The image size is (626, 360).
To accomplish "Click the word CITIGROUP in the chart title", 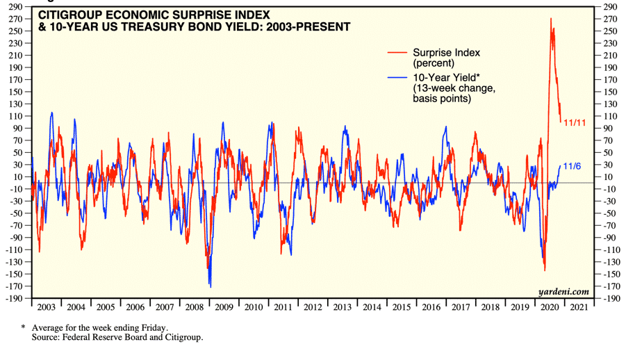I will pyautogui.click(x=67, y=14).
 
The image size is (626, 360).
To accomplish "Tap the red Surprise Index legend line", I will pyautogui.click(x=397, y=52).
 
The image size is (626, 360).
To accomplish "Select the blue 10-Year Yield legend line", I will pyautogui.click(x=397, y=76).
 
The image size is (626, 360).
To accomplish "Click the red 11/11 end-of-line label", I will pyautogui.click(x=574, y=122).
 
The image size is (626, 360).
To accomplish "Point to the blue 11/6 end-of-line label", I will pyautogui.click(x=572, y=165).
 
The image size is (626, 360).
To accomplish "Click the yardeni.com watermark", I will pyautogui.click(x=563, y=292).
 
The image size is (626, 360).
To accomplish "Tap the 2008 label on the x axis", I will pyautogui.click(x=195, y=306).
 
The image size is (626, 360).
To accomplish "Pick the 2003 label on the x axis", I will pyautogui.click(x=46, y=306).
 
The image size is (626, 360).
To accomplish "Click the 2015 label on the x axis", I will pyautogui.click(x=402, y=306).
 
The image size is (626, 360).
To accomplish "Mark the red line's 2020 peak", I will pyautogui.click(x=550, y=19).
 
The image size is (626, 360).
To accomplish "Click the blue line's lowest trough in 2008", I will pyautogui.click(x=210, y=286).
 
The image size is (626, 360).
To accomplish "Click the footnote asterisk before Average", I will pyautogui.click(x=23, y=327).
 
